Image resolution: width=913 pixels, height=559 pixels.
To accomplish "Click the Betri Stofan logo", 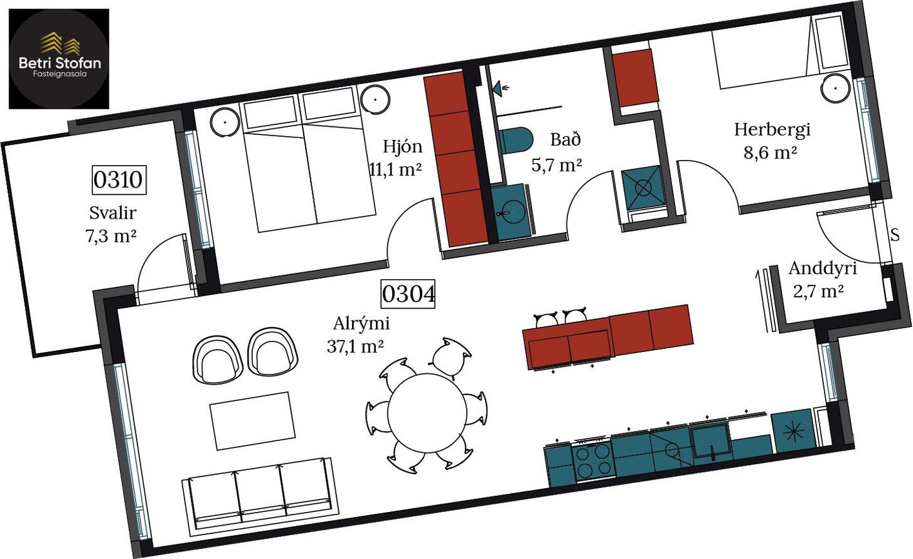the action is point(59,59).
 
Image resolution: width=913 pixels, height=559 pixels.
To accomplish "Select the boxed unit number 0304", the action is point(408,293).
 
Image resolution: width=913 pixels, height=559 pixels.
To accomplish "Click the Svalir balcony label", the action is point(112,213).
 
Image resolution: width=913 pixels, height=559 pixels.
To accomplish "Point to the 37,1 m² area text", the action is point(355,346).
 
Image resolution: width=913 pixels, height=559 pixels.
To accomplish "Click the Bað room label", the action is point(565,140).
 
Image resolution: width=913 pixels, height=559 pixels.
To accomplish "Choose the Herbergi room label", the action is point(772,130).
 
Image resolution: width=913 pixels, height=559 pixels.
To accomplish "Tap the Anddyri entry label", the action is point(823,269).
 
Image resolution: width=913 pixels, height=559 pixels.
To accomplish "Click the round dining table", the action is point(427,413).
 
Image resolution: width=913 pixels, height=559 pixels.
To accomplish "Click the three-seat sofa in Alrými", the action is point(260,497).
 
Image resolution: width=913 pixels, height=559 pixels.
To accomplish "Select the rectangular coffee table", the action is point(253,421).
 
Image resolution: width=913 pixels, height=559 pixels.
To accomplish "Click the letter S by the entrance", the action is point(895,235).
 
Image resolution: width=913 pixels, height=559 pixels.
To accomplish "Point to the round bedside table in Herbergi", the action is point(835,88).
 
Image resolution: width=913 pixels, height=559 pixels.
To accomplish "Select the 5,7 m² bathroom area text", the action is point(557,164).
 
